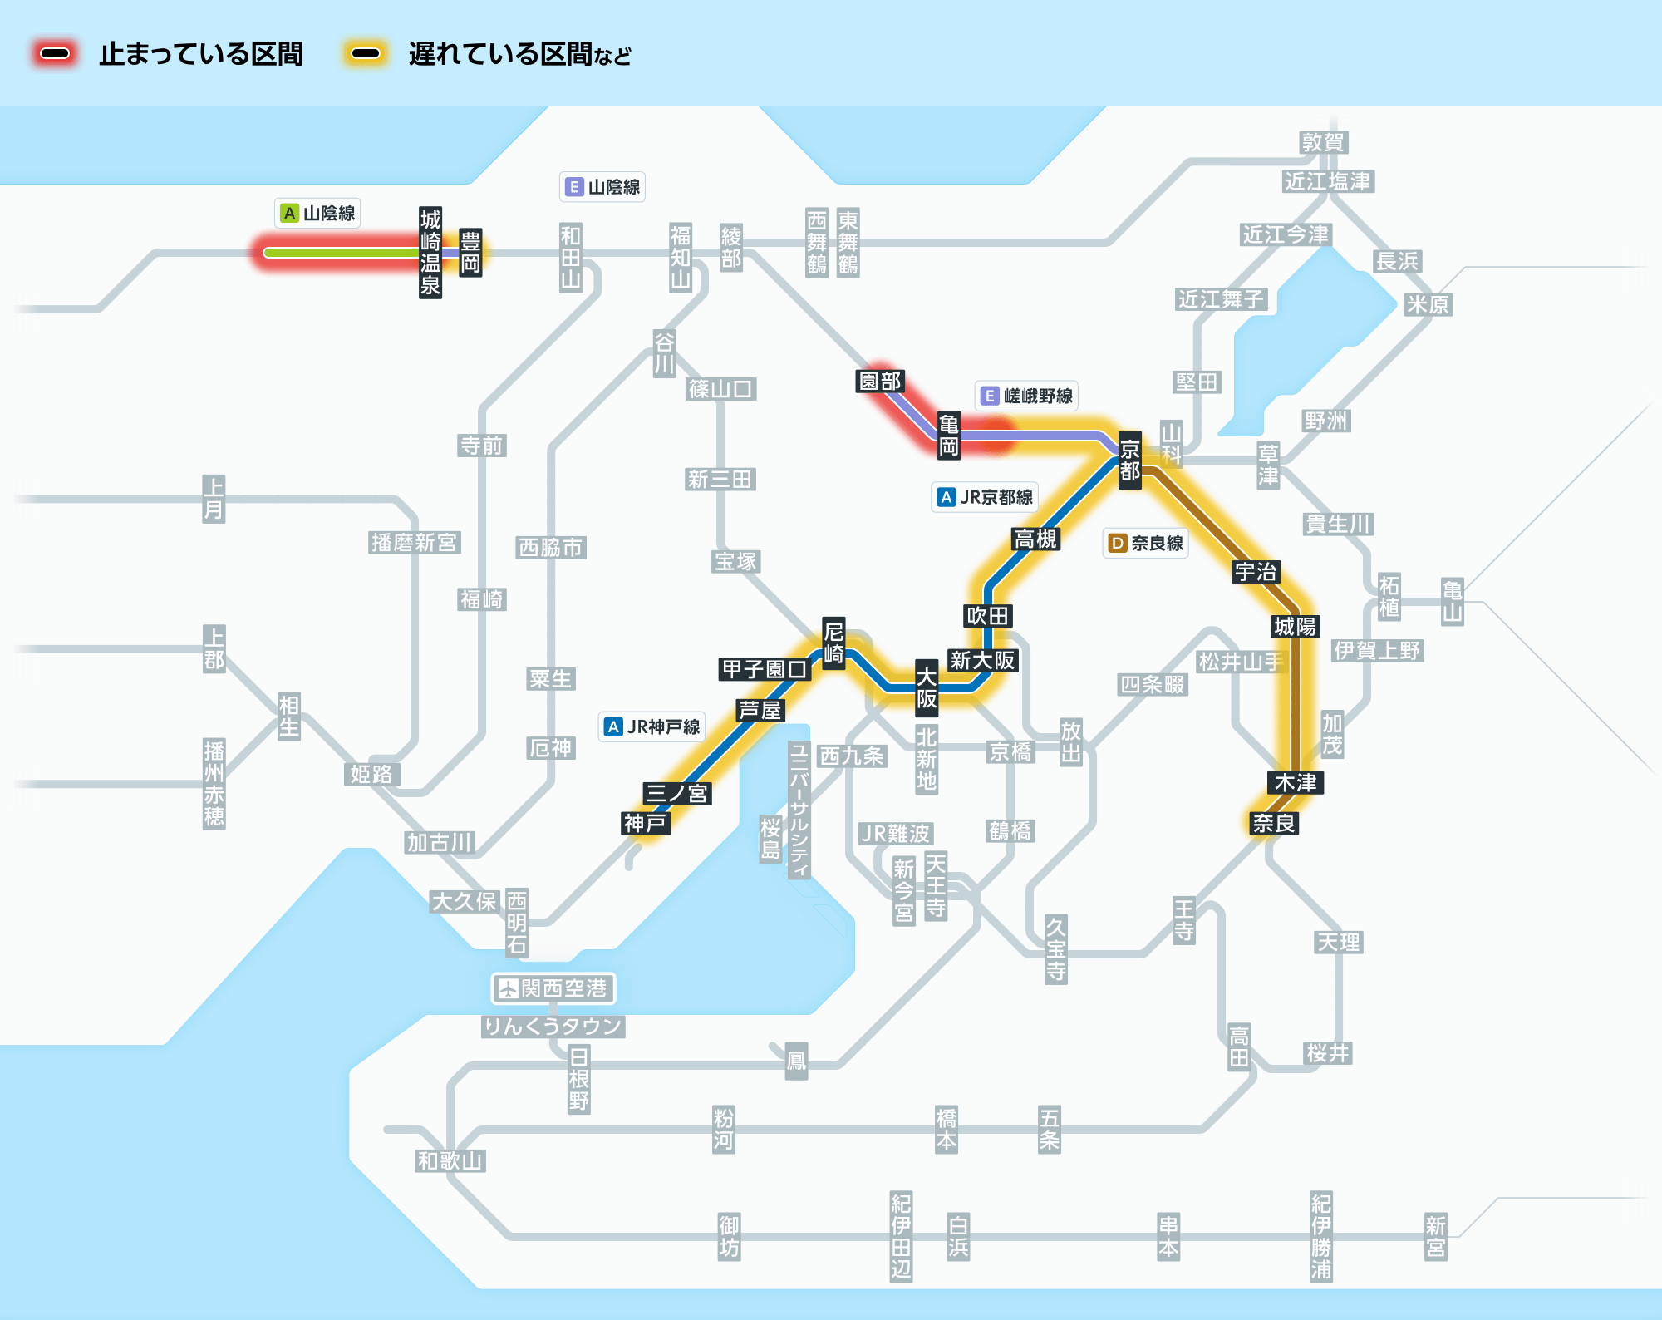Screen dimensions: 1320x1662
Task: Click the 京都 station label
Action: [1129, 461]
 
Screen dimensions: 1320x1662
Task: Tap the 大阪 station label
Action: [927, 688]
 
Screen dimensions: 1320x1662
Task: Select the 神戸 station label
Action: [646, 823]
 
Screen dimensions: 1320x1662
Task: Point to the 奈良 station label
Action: [1274, 823]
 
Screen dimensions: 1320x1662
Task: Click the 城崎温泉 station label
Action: [430, 253]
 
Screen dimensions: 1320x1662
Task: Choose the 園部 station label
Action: [880, 381]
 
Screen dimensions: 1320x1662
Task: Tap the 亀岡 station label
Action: [948, 435]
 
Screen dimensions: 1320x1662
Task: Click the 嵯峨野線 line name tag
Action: [1027, 396]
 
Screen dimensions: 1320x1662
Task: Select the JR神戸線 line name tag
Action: [652, 726]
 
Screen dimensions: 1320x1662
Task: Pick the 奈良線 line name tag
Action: [1146, 543]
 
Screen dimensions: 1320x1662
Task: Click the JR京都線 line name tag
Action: [986, 497]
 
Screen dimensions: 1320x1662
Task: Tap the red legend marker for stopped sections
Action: [55, 54]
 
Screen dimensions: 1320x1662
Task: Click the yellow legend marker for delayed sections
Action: [366, 54]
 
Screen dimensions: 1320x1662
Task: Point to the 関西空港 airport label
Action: [553, 988]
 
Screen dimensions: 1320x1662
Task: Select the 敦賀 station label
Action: [1323, 142]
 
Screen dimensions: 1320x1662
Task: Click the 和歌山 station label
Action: [450, 1160]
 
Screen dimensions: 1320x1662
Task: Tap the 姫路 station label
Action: [371, 774]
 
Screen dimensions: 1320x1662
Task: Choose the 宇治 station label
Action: [1256, 572]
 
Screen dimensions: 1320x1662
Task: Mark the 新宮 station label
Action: [1435, 1236]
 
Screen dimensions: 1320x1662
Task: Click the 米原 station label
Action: [1427, 304]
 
